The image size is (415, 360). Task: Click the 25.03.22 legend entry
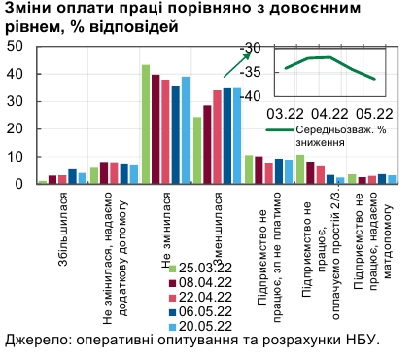(x=200, y=267)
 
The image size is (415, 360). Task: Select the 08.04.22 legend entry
(x=200, y=282)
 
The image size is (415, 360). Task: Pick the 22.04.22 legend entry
(x=200, y=297)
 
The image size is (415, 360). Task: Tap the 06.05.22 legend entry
(x=200, y=312)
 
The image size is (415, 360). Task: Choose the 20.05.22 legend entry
(x=200, y=327)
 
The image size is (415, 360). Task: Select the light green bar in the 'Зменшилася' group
(x=197, y=150)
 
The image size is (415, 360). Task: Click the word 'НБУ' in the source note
(x=355, y=341)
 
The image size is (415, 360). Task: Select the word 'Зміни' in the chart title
(x=28, y=10)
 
